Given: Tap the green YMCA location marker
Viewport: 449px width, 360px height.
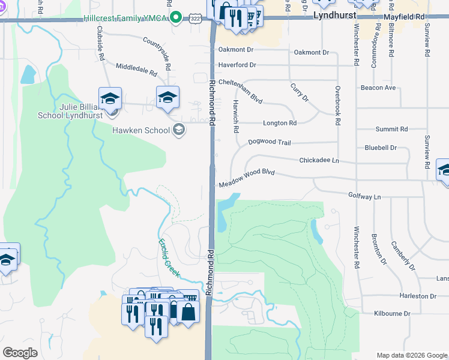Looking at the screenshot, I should (175, 18).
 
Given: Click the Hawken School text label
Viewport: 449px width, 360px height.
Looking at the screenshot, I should (141, 130).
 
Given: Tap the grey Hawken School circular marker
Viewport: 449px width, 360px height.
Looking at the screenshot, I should (178, 130).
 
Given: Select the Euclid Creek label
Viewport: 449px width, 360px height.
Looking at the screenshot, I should (170, 258).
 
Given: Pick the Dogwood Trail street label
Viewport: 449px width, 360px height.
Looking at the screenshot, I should (269, 143).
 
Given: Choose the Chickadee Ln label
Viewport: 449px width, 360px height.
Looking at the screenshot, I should (319, 161).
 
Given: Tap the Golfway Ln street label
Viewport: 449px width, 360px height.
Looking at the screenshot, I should (364, 196).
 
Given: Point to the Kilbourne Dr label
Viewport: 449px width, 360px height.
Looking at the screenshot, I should (391, 314).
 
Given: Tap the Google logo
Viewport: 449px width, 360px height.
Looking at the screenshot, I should (20, 352).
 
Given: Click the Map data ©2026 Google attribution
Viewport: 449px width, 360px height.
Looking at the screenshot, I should (411, 355).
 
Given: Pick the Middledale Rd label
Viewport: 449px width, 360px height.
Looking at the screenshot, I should (136, 69).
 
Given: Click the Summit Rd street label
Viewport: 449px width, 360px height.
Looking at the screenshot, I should (391, 129).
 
